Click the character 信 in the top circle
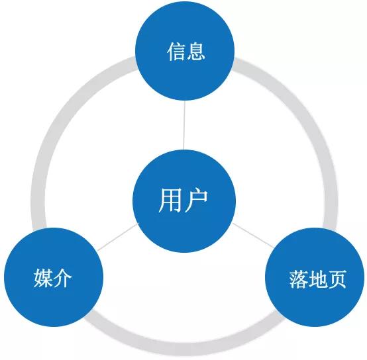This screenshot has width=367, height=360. tap(176, 52)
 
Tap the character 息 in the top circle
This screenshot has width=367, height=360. tap(195, 52)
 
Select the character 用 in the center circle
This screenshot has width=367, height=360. tap(170, 201)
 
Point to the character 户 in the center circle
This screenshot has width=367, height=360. tap(196, 201)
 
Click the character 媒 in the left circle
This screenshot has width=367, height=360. tap(43, 278)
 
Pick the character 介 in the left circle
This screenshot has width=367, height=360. tap(62, 278)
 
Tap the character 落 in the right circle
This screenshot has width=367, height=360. tap(298, 279)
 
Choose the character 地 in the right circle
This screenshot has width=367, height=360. tap(317, 279)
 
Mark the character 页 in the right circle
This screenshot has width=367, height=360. tap(337, 279)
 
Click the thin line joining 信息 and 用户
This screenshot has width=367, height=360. tap(184, 125)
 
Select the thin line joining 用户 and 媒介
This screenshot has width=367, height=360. tap(118, 237)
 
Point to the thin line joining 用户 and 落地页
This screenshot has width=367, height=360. tap(252, 235)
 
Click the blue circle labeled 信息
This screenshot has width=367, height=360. tap(185, 51)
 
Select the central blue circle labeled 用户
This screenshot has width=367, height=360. tap(184, 201)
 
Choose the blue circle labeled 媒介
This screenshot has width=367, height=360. tap(54, 277)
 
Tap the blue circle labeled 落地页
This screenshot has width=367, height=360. tap(315, 277)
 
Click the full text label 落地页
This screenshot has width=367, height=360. tap(317, 279)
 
